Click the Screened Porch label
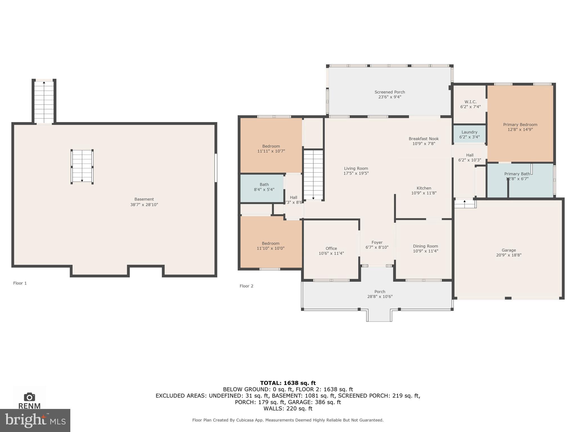(x=390, y=92)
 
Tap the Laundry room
(x=469, y=134)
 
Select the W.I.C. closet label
(x=470, y=102)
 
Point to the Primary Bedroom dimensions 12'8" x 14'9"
(x=520, y=130)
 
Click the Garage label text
(x=508, y=250)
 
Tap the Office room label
(x=331, y=248)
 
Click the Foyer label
(x=377, y=242)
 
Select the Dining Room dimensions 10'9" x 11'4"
(x=425, y=251)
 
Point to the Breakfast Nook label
(x=424, y=139)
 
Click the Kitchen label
(x=424, y=188)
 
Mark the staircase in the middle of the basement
(x=82, y=167)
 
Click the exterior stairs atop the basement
(x=44, y=102)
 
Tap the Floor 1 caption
(x=20, y=283)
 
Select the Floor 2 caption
(x=246, y=286)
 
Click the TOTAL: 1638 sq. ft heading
(x=288, y=383)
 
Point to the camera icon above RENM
(x=29, y=397)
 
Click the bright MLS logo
(x=35, y=420)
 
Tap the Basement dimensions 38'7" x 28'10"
(x=144, y=205)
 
